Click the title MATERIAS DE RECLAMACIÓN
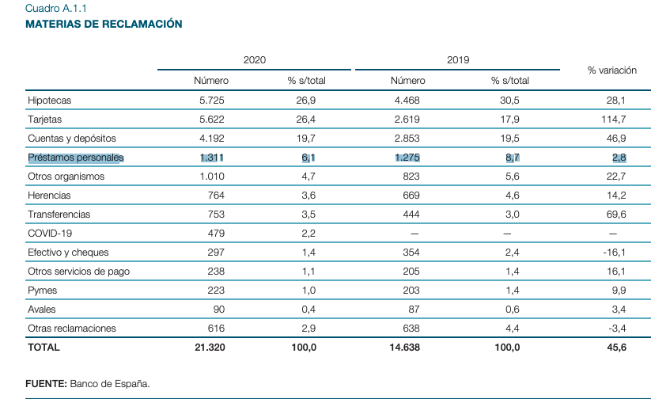coord(104,25)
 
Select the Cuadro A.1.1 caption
coord(56,9)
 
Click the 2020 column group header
coord(254,60)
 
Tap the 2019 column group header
coord(458,60)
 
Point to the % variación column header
coord(611,70)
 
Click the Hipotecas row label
coord(49,101)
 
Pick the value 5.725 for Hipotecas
coord(214,101)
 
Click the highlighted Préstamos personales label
coord(76,158)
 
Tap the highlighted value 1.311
coord(214,158)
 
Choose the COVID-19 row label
coord(50,234)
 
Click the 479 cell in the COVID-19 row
coord(217,234)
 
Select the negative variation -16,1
coord(614,253)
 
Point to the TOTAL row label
coord(44,347)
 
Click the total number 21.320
coord(211,347)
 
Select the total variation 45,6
coord(615,347)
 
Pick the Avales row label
coord(42,310)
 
